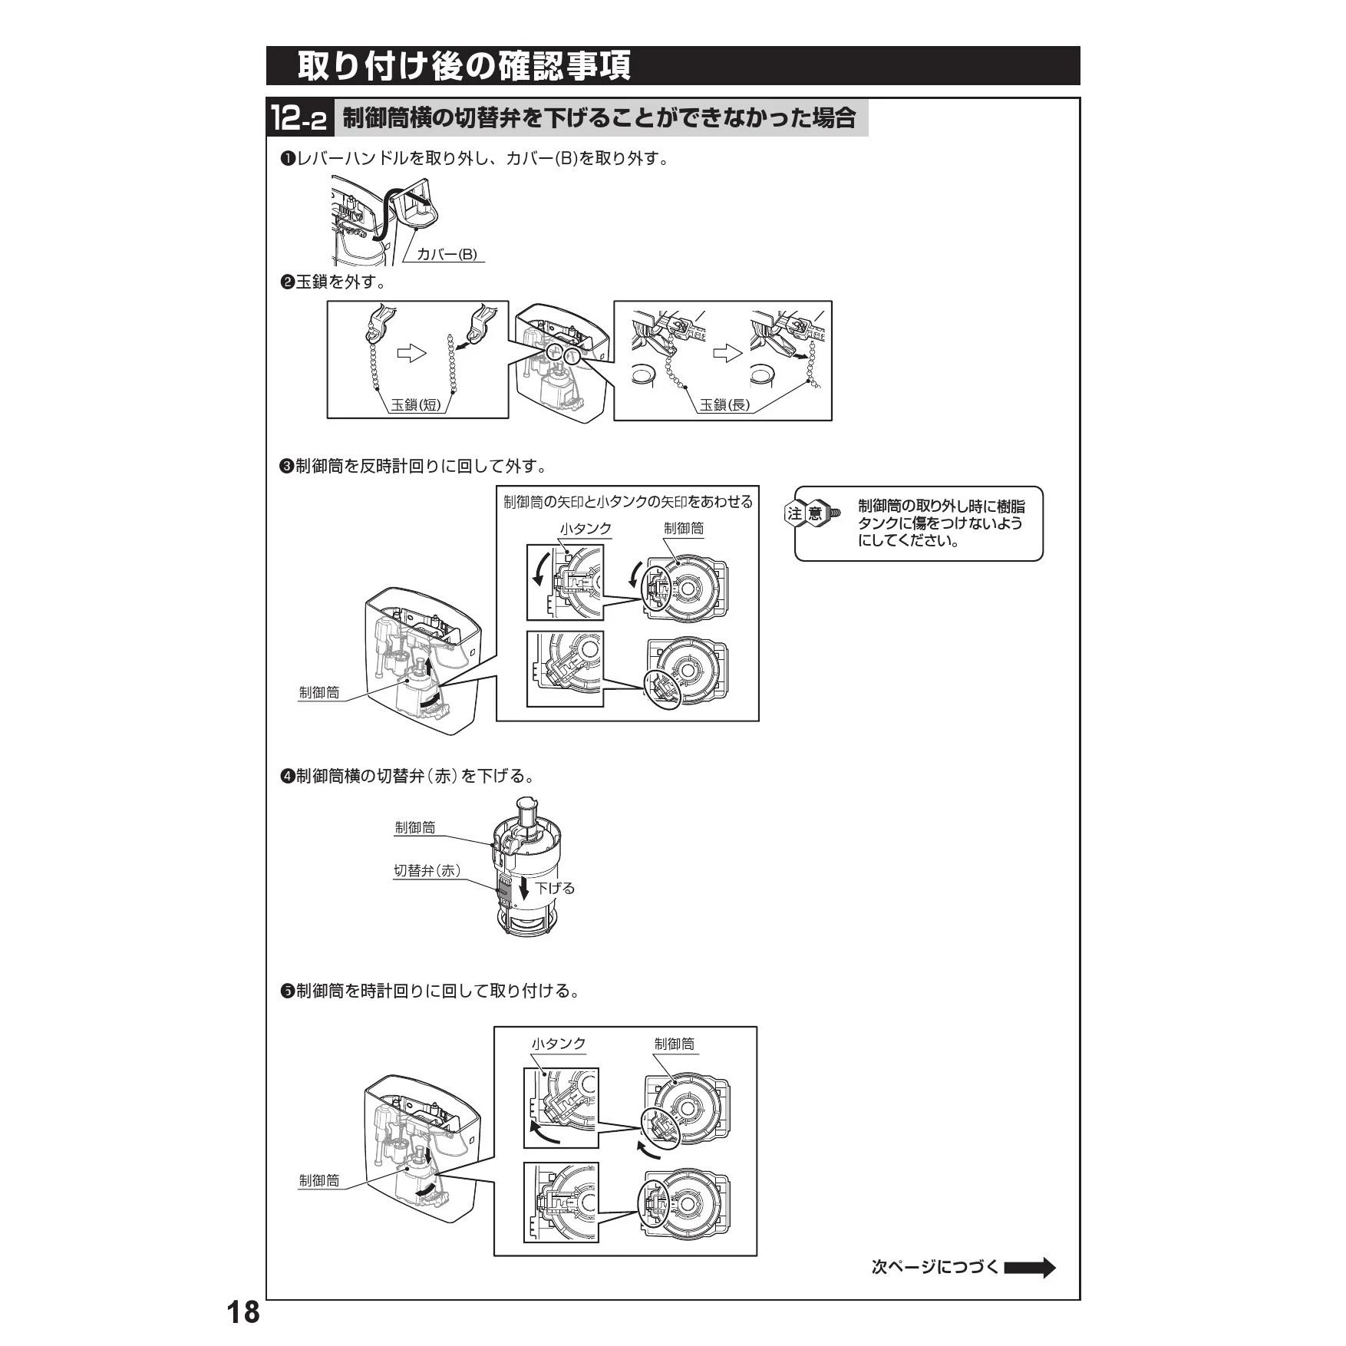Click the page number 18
(x=243, y=1312)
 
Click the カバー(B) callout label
(x=447, y=255)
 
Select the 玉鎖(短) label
(x=416, y=404)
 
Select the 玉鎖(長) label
(x=724, y=404)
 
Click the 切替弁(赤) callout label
(x=427, y=870)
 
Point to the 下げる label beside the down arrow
(x=555, y=888)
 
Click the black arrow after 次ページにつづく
(x=1030, y=1268)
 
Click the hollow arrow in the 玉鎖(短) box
(x=411, y=354)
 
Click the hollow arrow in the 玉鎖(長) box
(x=727, y=354)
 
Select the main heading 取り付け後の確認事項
(x=464, y=66)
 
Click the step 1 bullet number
(x=288, y=160)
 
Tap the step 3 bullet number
(x=288, y=467)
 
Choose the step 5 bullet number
(x=288, y=991)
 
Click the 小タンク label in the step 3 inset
(x=586, y=529)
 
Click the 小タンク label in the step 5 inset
(x=559, y=1044)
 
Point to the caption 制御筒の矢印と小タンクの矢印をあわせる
(x=628, y=502)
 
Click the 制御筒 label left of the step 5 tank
(x=318, y=1180)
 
